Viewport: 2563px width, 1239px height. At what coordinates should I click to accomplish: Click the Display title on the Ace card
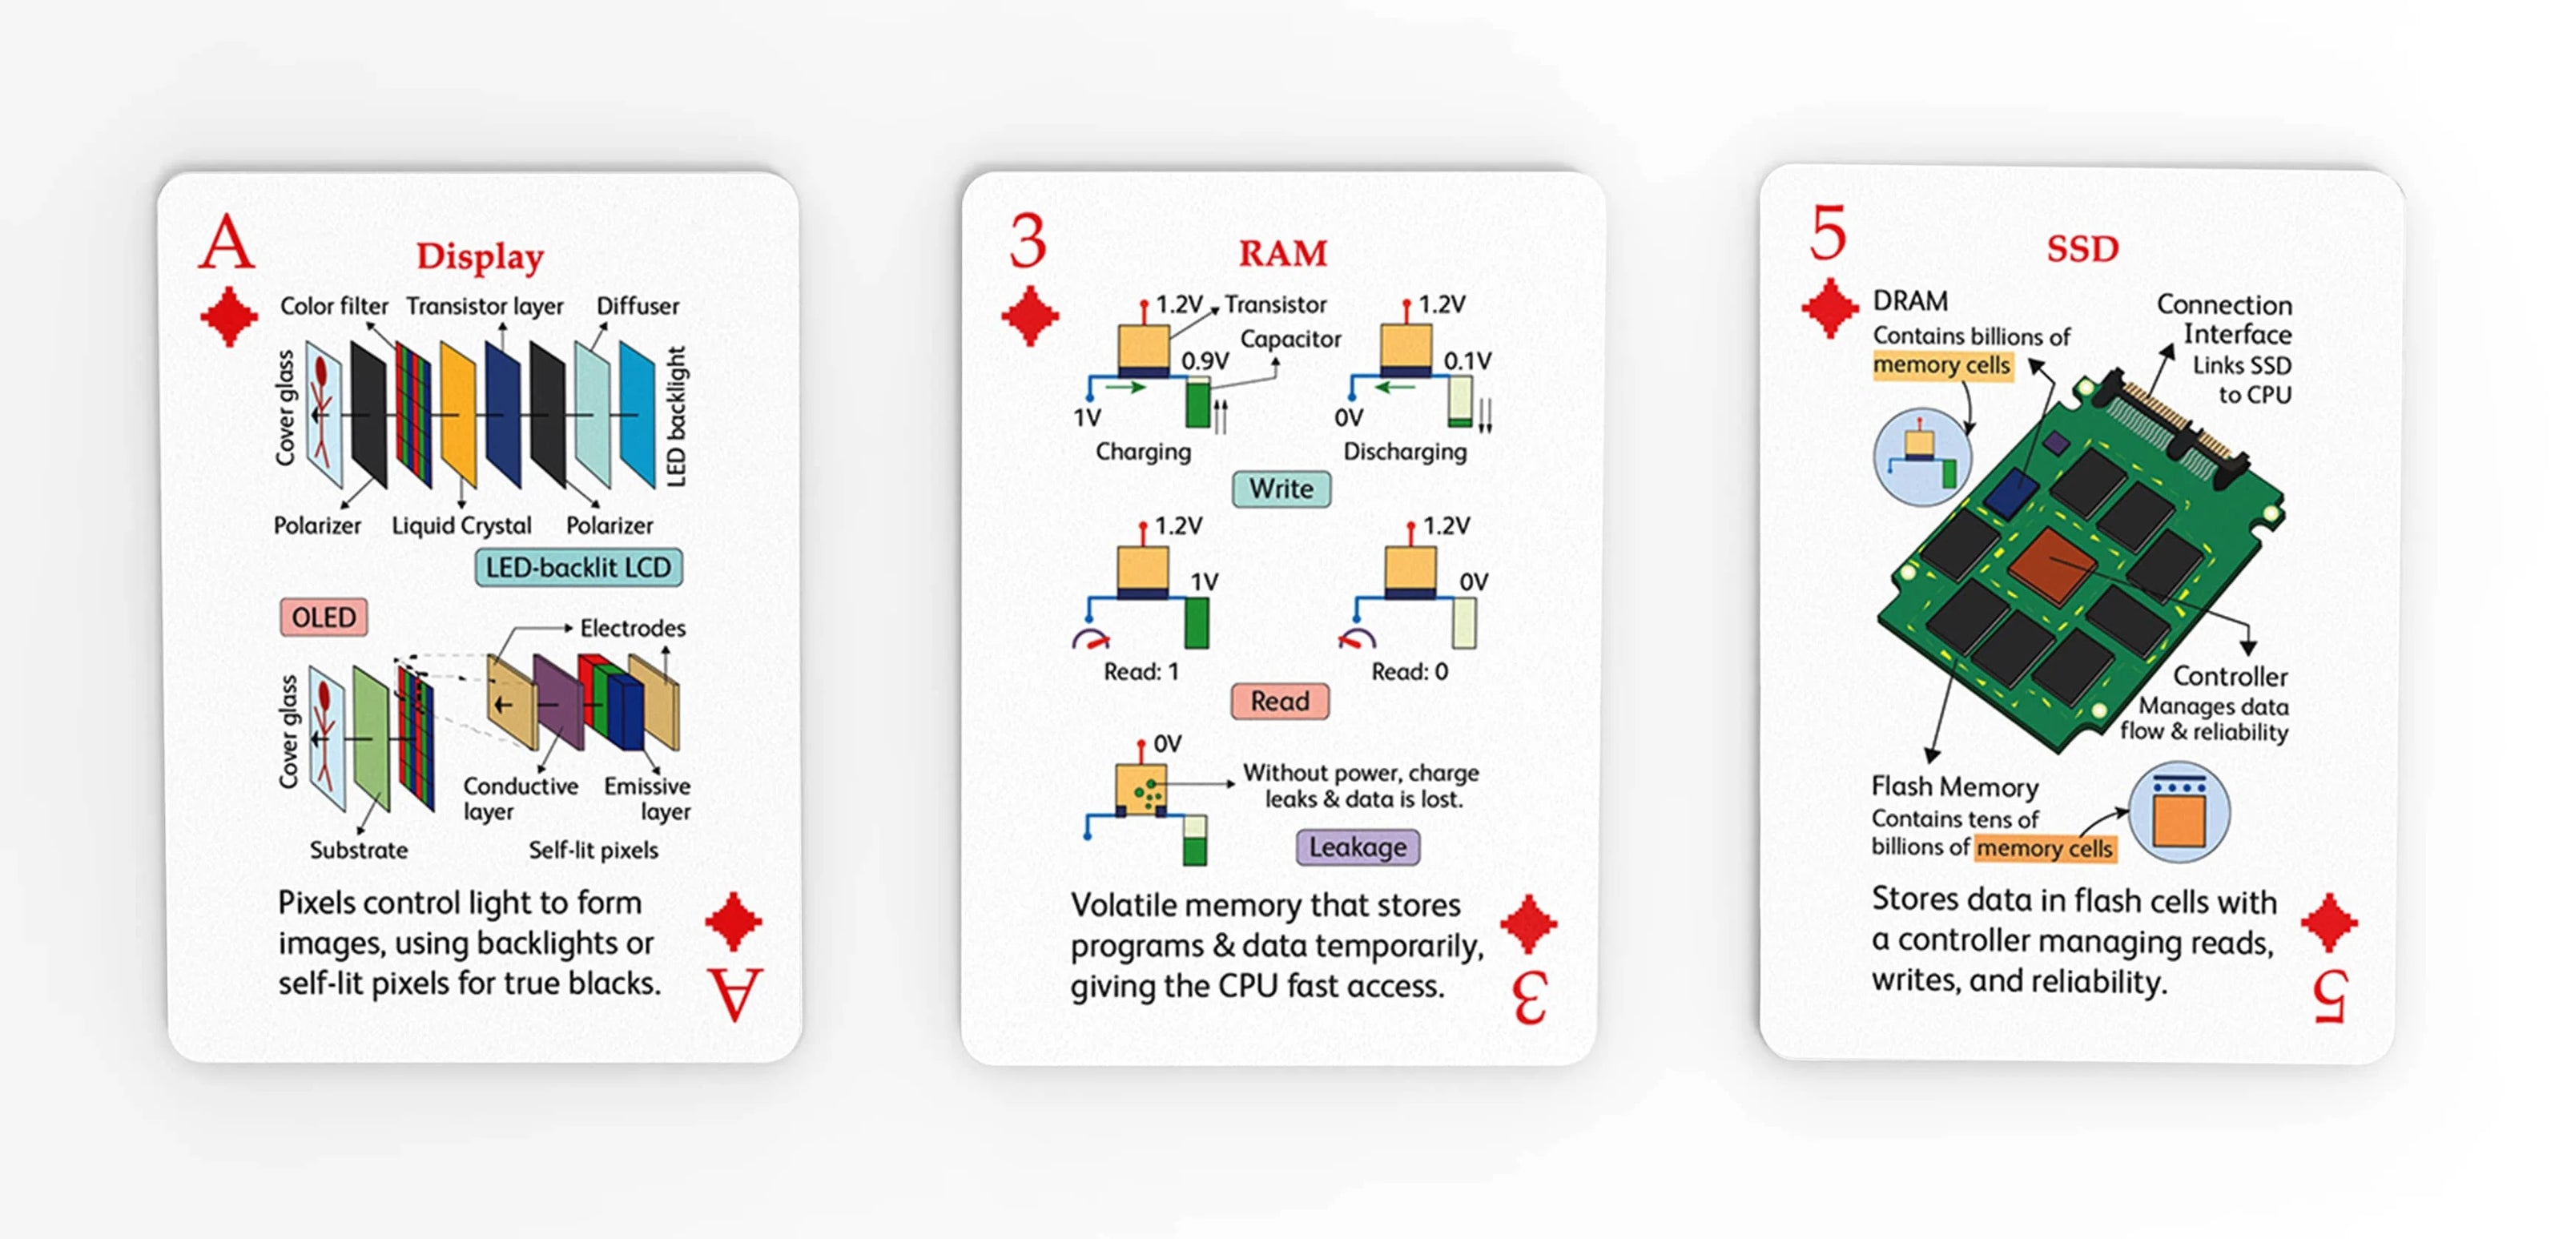tap(480, 257)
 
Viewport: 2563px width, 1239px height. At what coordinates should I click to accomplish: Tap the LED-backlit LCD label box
tap(578, 567)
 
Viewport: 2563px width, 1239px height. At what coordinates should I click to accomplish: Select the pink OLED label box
tap(324, 617)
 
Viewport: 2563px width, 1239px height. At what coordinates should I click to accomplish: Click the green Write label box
tap(1281, 489)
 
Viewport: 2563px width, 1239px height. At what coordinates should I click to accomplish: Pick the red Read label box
tap(1280, 702)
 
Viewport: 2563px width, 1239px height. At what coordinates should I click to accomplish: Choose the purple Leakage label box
tap(1357, 847)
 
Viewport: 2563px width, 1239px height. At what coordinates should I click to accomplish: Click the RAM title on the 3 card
tap(1282, 254)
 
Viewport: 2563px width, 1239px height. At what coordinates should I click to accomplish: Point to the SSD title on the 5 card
tap(2082, 249)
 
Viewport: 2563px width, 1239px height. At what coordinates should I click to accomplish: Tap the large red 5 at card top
tap(1829, 234)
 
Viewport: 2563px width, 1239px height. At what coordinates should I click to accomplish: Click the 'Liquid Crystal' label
tap(461, 525)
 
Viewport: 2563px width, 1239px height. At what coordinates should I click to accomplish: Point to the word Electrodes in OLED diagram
tap(633, 628)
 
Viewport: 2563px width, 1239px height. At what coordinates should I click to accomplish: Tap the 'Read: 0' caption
tap(1409, 672)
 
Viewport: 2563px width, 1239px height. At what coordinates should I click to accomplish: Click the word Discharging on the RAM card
tap(1405, 452)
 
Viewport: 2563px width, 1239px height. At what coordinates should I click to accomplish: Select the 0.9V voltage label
tap(1205, 360)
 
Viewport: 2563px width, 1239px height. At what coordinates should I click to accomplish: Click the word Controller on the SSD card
tap(2230, 677)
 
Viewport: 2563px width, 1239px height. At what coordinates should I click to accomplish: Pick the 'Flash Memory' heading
tap(1954, 787)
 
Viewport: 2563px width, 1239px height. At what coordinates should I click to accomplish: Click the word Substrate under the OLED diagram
tap(358, 851)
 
